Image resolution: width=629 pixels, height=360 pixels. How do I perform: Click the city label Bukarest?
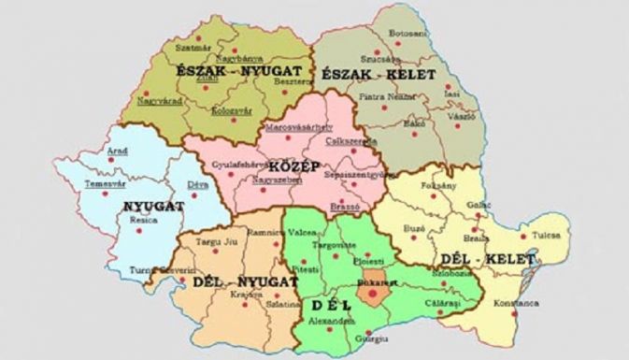tap(375, 279)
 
